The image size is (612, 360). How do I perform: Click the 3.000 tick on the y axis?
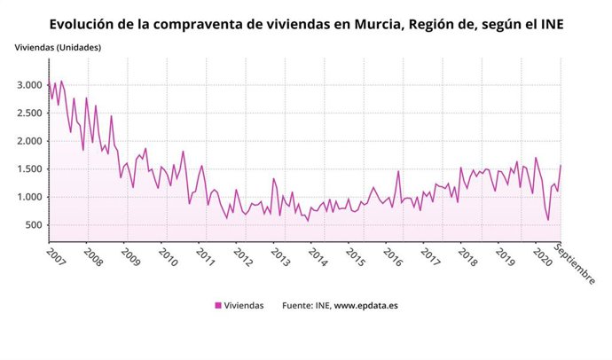click(30, 85)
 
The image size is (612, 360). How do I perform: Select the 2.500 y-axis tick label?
click(30, 113)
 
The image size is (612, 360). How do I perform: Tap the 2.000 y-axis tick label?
click(30, 141)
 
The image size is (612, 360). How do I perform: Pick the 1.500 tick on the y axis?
click(30, 168)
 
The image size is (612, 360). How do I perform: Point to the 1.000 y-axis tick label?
click(30, 197)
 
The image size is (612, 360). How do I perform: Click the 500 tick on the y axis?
click(35, 224)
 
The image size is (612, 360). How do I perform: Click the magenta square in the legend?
click(218, 306)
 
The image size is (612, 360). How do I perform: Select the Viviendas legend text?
click(244, 306)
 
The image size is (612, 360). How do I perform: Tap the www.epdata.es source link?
click(365, 306)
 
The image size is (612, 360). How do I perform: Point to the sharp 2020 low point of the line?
click(548, 220)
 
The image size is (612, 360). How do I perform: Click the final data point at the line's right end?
click(561, 166)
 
